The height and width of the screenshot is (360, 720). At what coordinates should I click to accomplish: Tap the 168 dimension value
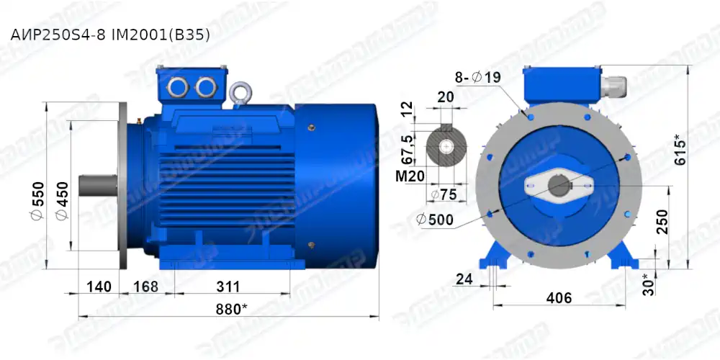(x=145, y=287)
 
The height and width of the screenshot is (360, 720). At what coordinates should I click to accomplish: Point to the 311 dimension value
(x=228, y=287)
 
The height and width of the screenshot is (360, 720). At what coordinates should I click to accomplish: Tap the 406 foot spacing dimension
(x=559, y=297)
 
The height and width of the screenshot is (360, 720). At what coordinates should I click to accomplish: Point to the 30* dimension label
(x=649, y=284)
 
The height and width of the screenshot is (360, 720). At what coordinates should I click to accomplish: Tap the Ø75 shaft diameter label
(x=444, y=195)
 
